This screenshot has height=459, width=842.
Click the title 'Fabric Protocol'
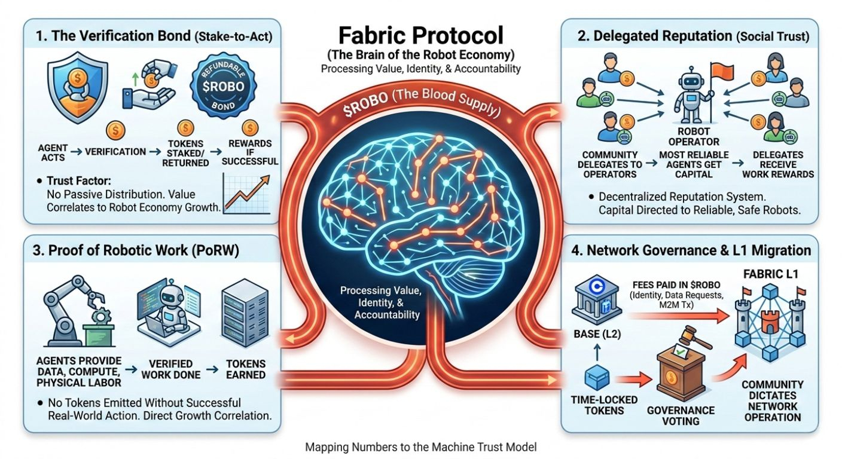[420, 35]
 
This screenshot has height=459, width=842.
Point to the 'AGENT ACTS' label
[53, 152]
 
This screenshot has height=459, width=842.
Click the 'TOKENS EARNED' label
[246, 369]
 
